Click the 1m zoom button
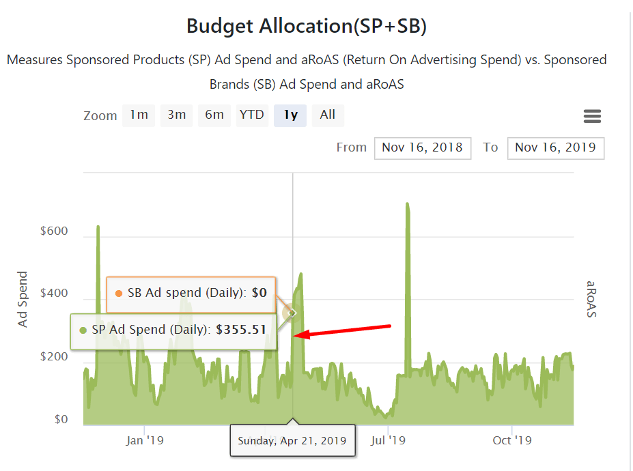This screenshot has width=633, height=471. pyautogui.click(x=139, y=115)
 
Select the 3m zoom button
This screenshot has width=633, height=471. pyautogui.click(x=176, y=115)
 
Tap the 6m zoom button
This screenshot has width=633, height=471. pyautogui.click(x=214, y=115)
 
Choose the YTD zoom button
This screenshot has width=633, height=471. pyautogui.click(x=252, y=115)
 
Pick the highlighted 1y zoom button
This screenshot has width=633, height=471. pyautogui.click(x=291, y=115)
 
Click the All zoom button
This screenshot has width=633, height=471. pyautogui.click(x=328, y=115)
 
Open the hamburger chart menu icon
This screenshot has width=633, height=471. pyautogui.click(x=592, y=116)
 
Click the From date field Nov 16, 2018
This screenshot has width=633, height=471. pyautogui.click(x=422, y=147)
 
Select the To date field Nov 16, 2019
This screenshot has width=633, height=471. pyautogui.click(x=555, y=147)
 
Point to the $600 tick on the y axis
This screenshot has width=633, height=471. pyautogui.click(x=54, y=231)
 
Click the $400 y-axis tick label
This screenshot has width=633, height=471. pyautogui.click(x=54, y=294)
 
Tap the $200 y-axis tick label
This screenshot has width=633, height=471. pyautogui.click(x=54, y=357)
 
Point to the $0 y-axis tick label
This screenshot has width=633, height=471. pyautogui.click(x=61, y=420)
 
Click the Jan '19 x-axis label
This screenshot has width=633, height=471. pyautogui.click(x=144, y=440)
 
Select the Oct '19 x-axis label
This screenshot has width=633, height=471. pyautogui.click(x=511, y=440)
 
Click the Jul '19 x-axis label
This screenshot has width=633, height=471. pyautogui.click(x=388, y=440)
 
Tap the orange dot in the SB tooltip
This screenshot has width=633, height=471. pyautogui.click(x=119, y=294)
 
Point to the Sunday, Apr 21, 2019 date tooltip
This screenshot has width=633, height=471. pyautogui.click(x=292, y=441)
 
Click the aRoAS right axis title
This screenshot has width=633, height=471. pyautogui.click(x=591, y=299)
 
